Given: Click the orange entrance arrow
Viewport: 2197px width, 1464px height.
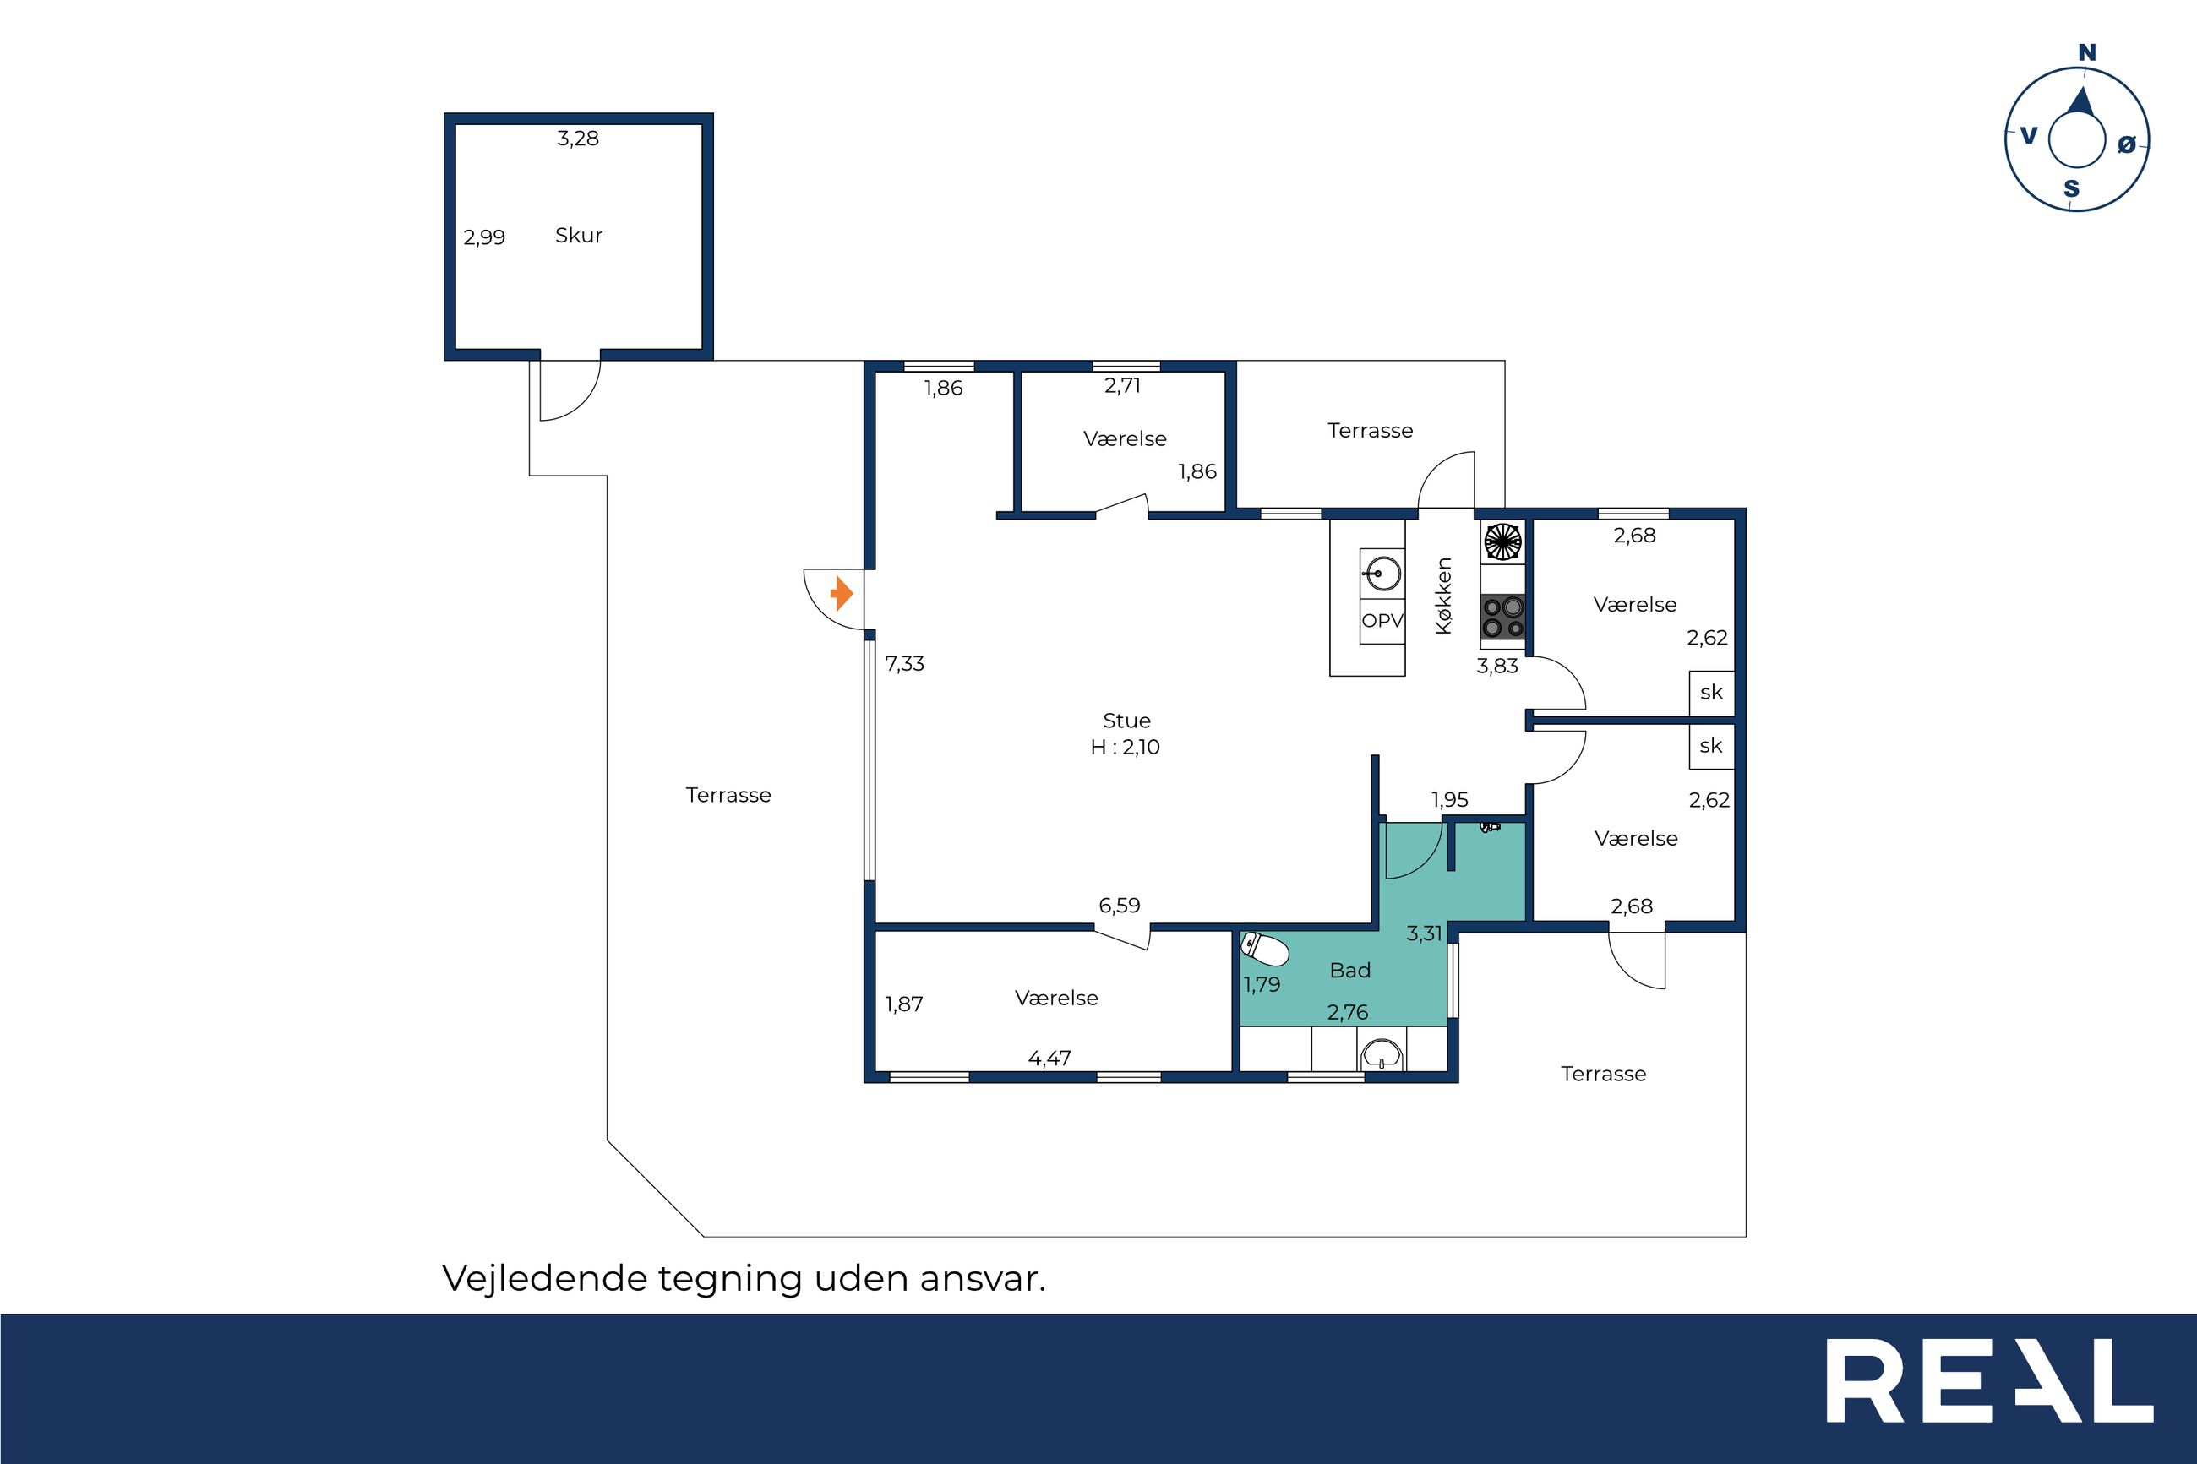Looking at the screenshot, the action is point(842,593).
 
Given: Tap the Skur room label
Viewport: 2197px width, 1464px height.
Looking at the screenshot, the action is point(579,236).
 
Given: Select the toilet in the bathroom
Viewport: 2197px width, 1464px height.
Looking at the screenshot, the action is point(1265,950).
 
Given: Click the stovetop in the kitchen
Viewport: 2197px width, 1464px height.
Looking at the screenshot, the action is point(1503,616).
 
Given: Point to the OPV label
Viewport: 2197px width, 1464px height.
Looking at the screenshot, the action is point(1382,620).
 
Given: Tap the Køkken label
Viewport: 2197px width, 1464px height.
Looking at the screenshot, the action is point(1443,596).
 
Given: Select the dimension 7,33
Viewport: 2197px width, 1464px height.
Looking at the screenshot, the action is point(905,664).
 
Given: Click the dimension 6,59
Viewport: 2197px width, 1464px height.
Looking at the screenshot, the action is point(1120,905).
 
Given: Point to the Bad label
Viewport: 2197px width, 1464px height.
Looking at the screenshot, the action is point(1350,971).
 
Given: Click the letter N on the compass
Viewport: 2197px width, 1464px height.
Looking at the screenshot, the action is point(2087,53).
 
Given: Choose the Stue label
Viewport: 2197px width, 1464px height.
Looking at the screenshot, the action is point(1127,721).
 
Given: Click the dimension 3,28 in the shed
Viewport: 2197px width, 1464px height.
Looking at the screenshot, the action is point(578,139).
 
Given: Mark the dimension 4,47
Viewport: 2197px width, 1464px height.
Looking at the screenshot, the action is point(1049,1058).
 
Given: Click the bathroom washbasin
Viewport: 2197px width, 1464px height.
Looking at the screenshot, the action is point(1382,1056).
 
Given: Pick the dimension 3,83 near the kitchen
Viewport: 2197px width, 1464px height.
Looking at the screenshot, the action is point(1497,666).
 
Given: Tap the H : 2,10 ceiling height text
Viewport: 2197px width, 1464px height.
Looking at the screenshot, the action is point(1125,747).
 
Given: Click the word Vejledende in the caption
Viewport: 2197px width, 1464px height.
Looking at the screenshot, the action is point(545,1278).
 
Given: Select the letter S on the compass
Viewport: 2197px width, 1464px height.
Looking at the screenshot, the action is point(2071,189).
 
